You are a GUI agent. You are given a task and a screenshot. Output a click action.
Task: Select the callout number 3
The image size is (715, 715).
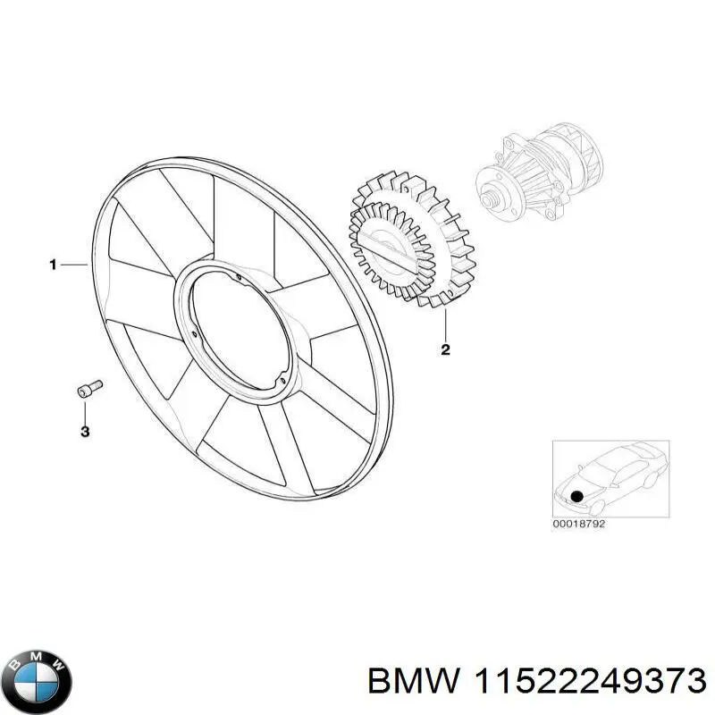click(x=85, y=433)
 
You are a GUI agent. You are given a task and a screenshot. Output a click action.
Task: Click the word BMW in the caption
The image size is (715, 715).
click(x=412, y=681)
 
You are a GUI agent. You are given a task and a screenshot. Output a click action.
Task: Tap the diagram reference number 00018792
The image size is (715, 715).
click(x=579, y=524)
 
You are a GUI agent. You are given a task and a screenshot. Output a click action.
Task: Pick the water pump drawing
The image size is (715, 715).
click(x=536, y=170)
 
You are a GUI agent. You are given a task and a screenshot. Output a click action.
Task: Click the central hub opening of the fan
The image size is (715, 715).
click(x=236, y=330)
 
